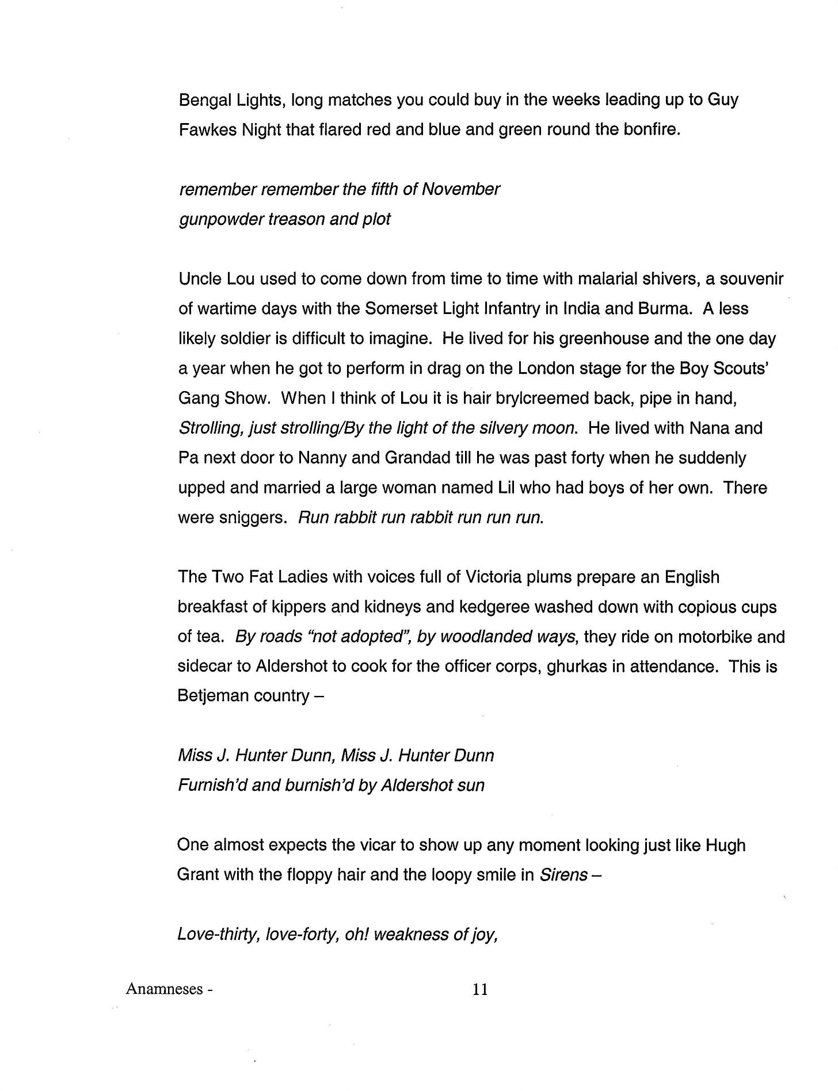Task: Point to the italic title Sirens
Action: click(x=563, y=875)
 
